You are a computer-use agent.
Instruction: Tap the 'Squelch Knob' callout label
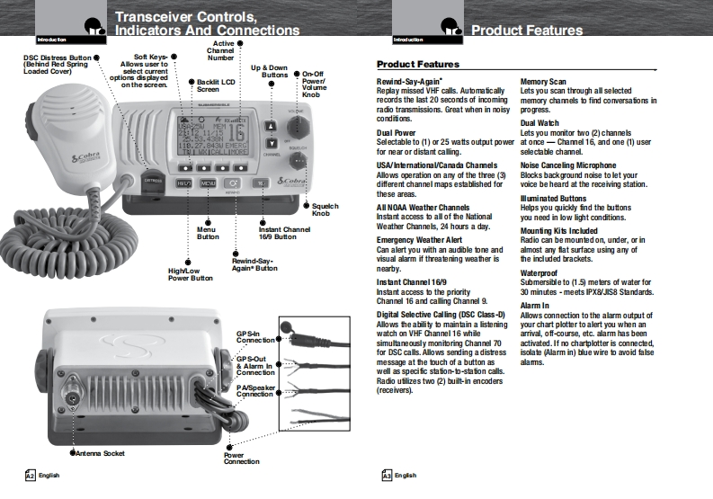326,210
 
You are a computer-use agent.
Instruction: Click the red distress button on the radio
155,182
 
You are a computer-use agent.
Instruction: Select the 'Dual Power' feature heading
396,132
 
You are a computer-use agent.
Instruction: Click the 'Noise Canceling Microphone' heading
567,167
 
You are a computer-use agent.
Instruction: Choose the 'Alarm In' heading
534,307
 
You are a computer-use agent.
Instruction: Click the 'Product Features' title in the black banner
527,31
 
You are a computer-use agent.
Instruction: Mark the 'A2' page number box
30,475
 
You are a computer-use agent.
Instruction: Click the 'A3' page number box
388,475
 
